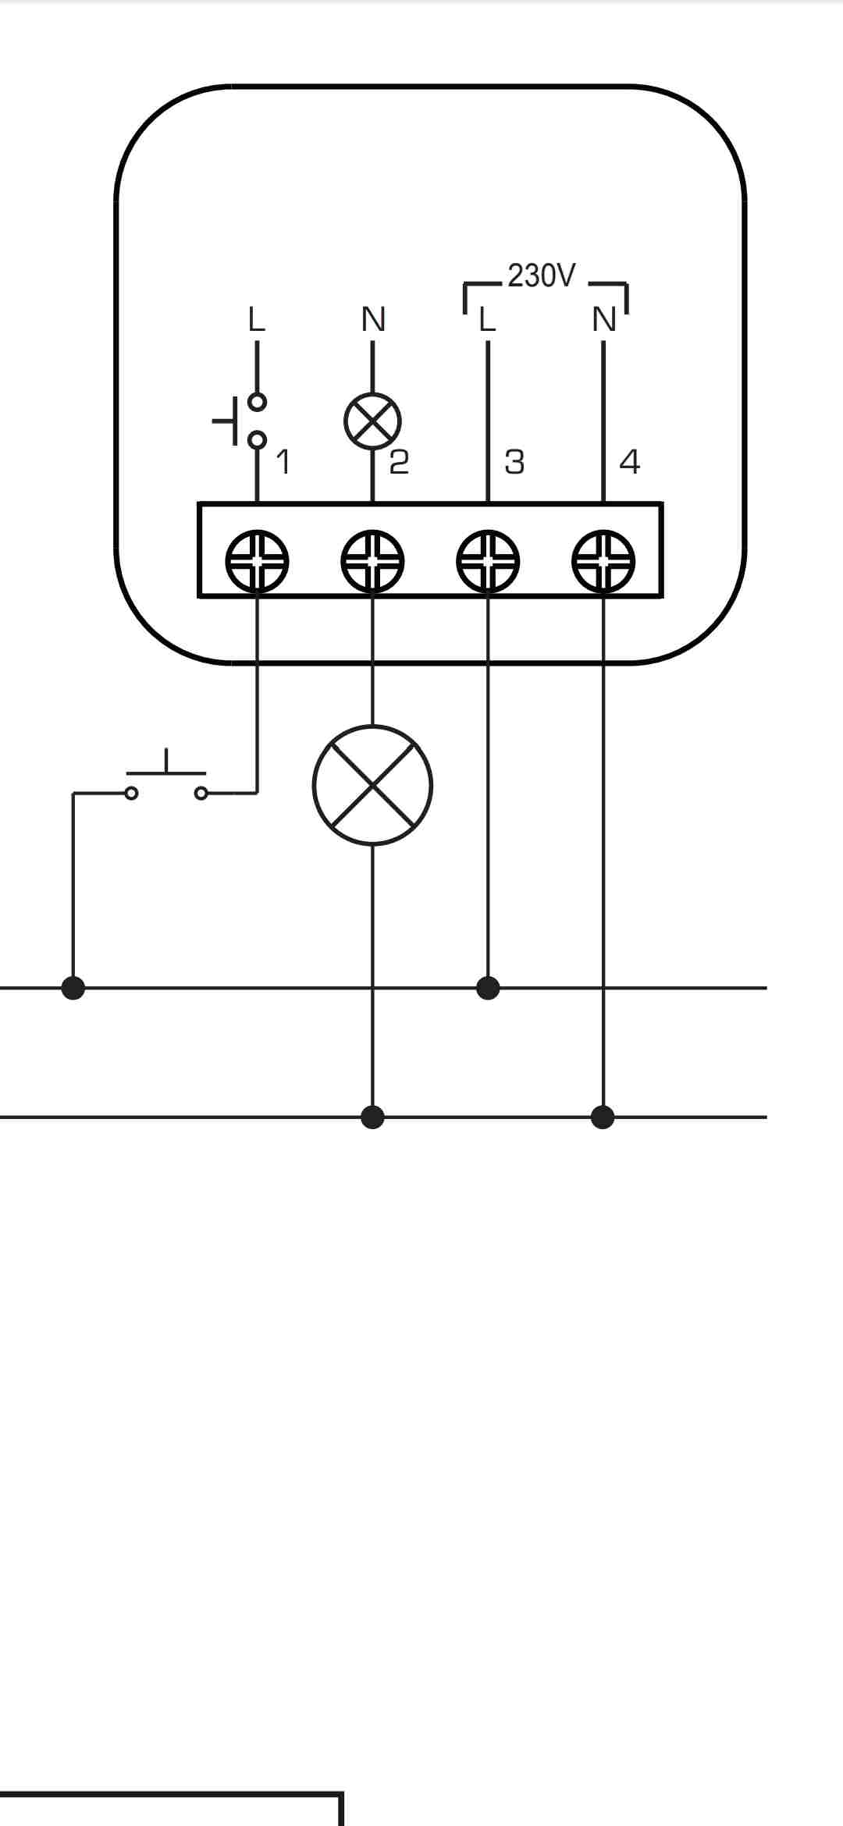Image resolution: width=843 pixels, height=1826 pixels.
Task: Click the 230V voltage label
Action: tap(541, 275)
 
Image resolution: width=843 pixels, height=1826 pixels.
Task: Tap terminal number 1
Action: tap(283, 462)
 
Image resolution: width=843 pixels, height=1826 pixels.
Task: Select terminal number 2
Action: tap(399, 462)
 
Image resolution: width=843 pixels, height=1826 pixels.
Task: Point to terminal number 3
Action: tap(514, 462)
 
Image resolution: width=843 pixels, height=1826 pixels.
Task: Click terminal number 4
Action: tap(629, 462)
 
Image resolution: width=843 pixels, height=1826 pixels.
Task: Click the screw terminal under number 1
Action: tap(257, 561)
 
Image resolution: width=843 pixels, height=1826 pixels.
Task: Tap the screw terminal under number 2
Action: tap(372, 561)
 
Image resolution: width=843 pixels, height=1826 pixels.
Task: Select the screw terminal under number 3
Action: tap(488, 561)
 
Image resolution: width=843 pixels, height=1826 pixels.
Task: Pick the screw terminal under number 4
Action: tap(603, 561)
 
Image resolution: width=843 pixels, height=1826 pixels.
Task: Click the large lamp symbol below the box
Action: tap(372, 785)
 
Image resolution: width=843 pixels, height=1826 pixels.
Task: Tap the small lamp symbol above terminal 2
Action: tap(372, 421)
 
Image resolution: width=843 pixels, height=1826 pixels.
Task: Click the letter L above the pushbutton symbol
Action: tap(257, 319)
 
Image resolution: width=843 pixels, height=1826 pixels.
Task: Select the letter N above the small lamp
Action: tap(373, 319)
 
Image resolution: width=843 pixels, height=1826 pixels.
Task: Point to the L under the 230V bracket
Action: tap(487, 319)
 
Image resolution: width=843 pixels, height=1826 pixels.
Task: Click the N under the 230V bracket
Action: tap(604, 319)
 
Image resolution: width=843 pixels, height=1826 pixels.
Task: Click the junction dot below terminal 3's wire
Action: tap(488, 988)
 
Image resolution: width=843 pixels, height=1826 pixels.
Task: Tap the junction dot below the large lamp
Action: tap(373, 1117)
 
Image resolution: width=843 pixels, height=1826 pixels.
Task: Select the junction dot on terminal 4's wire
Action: tap(603, 1117)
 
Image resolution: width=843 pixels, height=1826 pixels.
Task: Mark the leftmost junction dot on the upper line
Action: tap(73, 988)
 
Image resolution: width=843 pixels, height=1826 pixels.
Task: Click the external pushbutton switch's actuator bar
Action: tap(166, 773)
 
